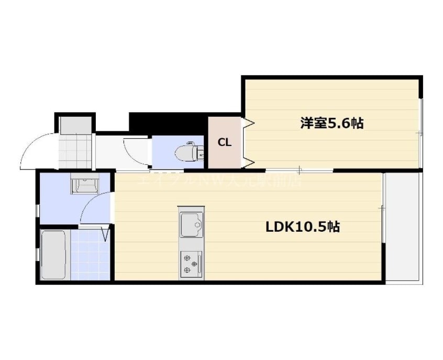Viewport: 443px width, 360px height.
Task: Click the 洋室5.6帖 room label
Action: pyautogui.click(x=332, y=124)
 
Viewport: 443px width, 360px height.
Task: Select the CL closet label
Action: pyautogui.click(x=225, y=142)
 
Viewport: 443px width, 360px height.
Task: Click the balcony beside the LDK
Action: pyautogui.click(x=403, y=228)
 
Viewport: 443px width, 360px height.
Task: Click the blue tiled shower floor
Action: pyautogui.click(x=90, y=255)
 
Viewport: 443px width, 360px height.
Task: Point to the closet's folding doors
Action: pyautogui.click(x=247, y=142)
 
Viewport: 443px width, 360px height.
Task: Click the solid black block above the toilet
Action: pyautogui.click(x=168, y=123)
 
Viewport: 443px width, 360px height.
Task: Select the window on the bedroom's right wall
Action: pyautogui.click(x=420, y=133)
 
